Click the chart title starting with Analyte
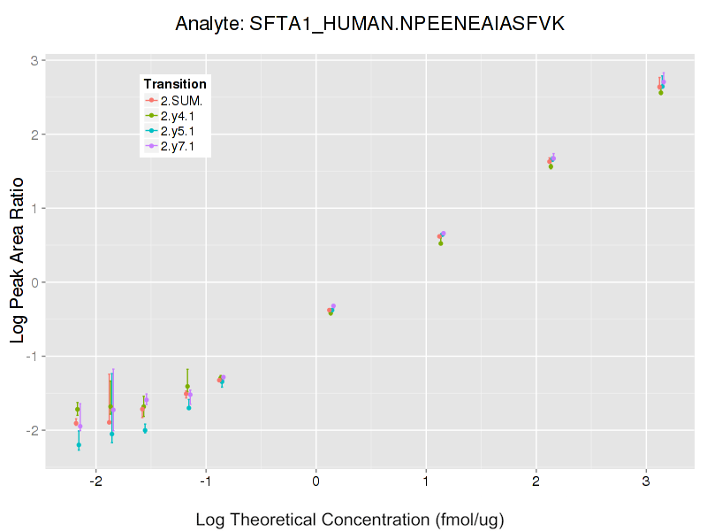369,24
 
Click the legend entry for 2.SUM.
181,100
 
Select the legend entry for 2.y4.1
180,116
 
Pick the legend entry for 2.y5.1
180,131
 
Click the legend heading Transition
175,84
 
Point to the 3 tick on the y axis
32,61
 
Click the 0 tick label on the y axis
32,282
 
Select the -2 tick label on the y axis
29,430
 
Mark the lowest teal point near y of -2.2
79,445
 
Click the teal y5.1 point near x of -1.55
145,430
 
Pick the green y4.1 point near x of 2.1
551,166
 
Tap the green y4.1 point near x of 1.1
440,242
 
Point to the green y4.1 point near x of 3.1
660,92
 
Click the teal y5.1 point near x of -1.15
189,408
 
